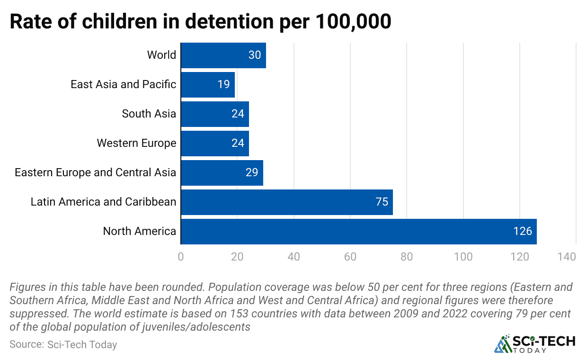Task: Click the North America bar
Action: click(358, 231)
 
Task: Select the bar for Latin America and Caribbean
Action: click(286, 202)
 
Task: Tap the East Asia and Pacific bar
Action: click(207, 84)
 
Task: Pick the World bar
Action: click(223, 55)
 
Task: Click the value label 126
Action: click(523, 231)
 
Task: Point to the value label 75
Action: click(382, 202)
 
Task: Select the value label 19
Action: click(223, 84)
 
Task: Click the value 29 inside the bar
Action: click(252, 172)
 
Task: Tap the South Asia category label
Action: click(149, 114)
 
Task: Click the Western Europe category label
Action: click(136, 143)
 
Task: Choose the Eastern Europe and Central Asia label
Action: click(95, 172)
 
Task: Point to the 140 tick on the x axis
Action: click(567, 257)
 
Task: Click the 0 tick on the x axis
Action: click(181, 257)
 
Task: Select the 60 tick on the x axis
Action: click(350, 257)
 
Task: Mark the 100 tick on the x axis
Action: click(463, 257)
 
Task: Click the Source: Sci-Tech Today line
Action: click(63, 344)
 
